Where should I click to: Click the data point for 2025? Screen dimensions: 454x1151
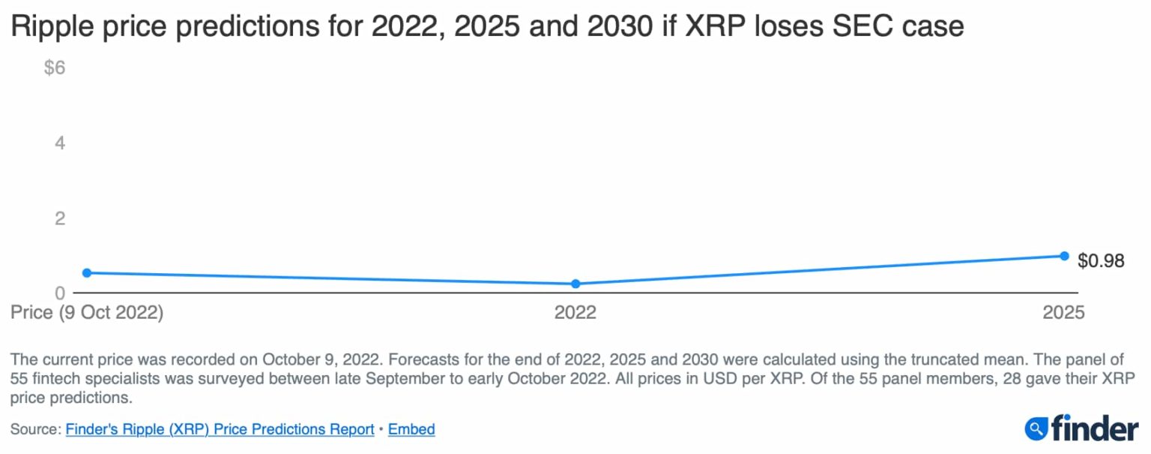coord(1064,256)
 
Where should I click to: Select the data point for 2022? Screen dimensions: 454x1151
coord(575,284)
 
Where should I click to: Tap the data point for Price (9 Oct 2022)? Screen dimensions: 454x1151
coord(87,272)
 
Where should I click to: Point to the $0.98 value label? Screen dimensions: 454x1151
coord(1101,260)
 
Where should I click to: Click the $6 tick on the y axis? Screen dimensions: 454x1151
coord(55,68)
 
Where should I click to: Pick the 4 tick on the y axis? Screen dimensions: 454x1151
coord(60,143)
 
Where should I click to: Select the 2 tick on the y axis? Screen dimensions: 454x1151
coord(60,218)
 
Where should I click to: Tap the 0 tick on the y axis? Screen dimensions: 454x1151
coord(60,293)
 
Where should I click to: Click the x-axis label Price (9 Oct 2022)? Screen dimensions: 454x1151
coord(87,312)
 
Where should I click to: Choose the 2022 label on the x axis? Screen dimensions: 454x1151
coord(575,312)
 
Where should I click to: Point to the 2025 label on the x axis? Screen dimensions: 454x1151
coord(1063,312)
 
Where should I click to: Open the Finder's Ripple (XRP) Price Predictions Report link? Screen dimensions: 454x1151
coord(220,429)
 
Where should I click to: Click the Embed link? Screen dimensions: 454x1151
coord(411,429)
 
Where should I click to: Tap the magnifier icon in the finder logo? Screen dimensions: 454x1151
coord(1036,428)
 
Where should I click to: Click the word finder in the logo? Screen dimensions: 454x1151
coord(1094,428)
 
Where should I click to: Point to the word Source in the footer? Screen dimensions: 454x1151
coord(34,429)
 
